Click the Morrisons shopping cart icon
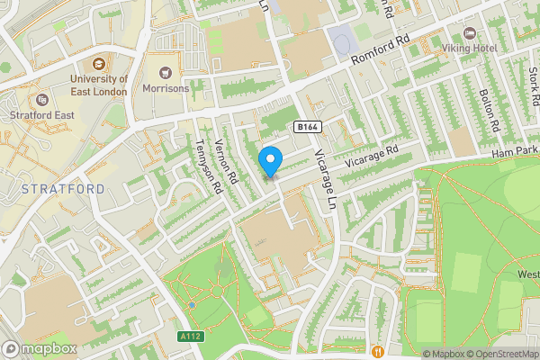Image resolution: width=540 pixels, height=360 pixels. click(x=166, y=72)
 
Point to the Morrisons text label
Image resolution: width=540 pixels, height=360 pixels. click(x=166, y=88)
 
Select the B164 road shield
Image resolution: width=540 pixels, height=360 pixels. click(x=307, y=127)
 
